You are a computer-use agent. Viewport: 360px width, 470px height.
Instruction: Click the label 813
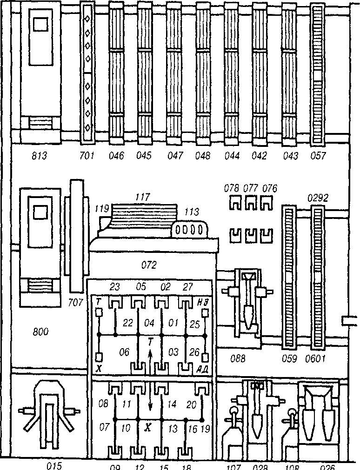click(x=39, y=156)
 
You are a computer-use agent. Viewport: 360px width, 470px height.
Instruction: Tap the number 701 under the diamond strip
click(x=87, y=156)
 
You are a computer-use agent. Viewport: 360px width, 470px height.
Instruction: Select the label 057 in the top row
click(x=318, y=156)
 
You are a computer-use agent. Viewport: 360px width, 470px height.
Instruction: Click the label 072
click(x=149, y=265)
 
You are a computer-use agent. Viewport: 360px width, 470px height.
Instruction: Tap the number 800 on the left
click(x=40, y=331)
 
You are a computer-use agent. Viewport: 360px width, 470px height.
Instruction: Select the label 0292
click(x=318, y=198)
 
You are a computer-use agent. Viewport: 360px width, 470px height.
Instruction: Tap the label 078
click(x=231, y=188)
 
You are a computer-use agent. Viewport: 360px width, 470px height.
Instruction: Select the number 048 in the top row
click(x=203, y=156)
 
